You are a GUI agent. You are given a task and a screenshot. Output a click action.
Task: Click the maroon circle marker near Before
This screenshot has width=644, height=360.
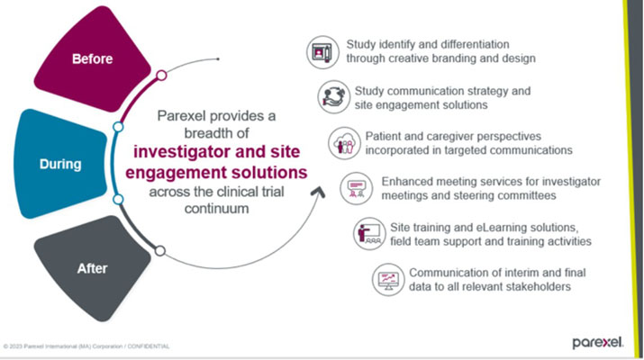point(161,76)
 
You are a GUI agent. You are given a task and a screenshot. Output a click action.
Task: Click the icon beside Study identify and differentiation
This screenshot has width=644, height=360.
point(320,51)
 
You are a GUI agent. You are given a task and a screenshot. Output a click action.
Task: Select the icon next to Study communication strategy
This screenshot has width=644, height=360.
point(331,95)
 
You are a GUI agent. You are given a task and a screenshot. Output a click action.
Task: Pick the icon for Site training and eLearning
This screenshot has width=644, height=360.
point(366,234)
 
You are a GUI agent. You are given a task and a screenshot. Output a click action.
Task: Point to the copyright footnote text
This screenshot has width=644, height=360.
point(86,346)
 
